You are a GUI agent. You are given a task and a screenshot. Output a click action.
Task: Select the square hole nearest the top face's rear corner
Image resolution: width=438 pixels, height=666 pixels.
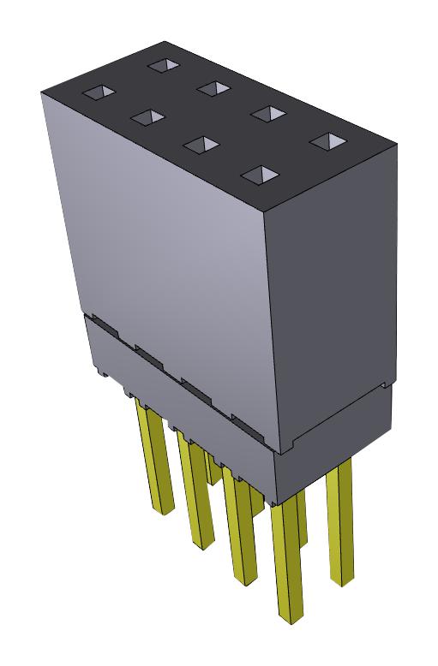point(160,63)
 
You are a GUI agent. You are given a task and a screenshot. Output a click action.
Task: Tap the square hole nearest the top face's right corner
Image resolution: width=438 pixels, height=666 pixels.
point(324,141)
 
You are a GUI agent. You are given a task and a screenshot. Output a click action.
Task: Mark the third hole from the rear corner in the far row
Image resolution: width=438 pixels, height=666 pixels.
point(268,113)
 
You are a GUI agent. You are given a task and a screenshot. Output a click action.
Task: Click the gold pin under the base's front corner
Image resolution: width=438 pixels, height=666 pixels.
point(288,565)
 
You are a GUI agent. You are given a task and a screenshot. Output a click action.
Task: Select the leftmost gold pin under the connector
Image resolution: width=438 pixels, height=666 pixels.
point(153,462)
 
